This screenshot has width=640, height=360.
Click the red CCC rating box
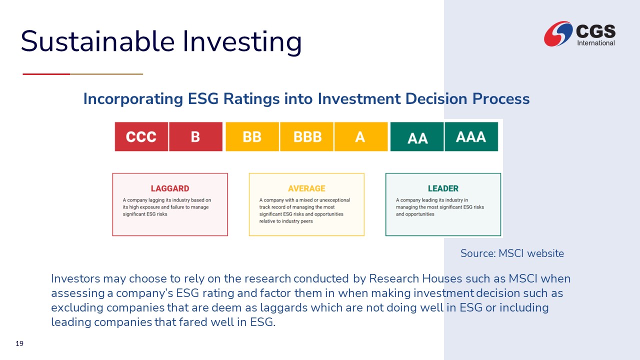(x=141, y=136)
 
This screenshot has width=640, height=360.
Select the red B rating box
(x=195, y=136)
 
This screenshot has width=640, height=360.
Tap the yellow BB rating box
(x=252, y=136)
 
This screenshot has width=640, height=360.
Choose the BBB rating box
(x=306, y=136)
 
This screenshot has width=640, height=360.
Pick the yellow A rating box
(x=361, y=136)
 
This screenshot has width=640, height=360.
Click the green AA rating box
(x=417, y=136)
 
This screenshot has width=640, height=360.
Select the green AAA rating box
(x=471, y=136)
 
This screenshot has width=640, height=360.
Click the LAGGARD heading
(x=170, y=188)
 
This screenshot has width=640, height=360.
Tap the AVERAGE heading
(x=306, y=188)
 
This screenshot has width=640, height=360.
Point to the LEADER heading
(x=443, y=188)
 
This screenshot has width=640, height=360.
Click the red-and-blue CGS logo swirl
(x=558, y=33)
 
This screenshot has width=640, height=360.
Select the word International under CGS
(x=596, y=43)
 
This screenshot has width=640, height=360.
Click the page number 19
(x=19, y=343)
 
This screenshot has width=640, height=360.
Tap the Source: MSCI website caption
(x=512, y=253)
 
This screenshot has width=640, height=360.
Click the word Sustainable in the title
(x=97, y=41)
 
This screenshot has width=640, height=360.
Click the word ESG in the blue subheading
(x=203, y=99)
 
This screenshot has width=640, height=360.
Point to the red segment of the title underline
(x=46, y=74)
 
